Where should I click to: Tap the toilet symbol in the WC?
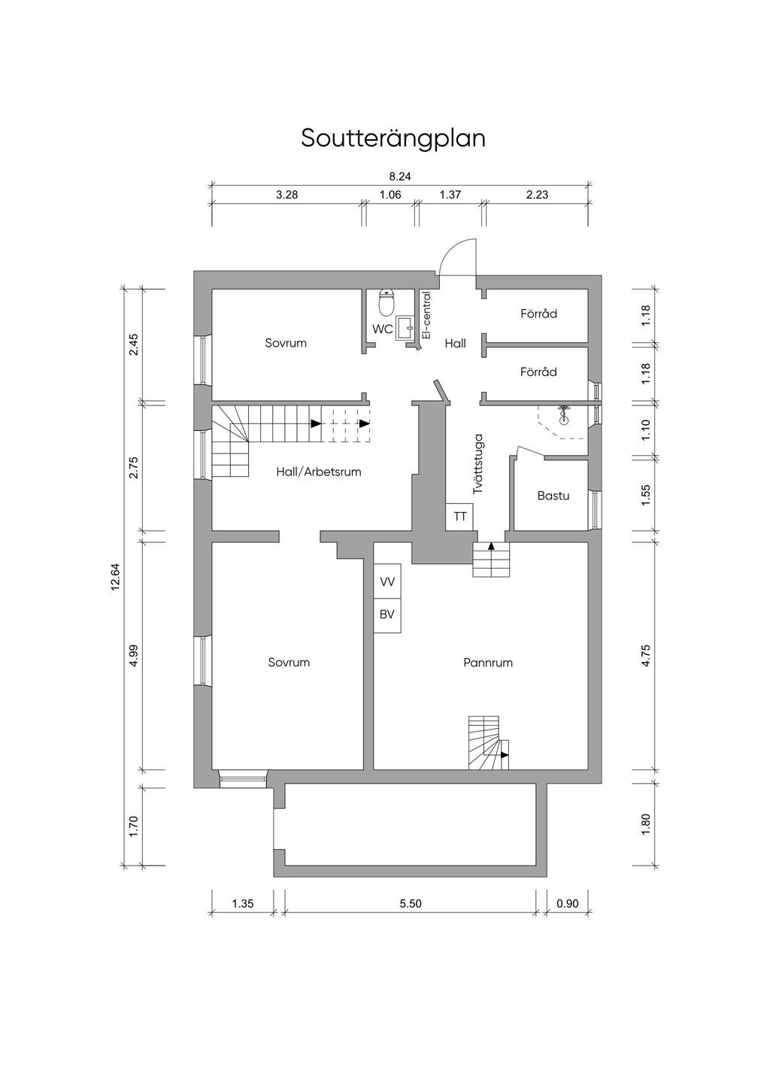point(387,302)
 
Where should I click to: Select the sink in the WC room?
point(405,327)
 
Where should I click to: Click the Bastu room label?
point(553,496)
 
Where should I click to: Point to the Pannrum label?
point(488,663)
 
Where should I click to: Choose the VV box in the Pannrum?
point(387,581)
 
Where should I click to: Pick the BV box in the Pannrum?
point(387,615)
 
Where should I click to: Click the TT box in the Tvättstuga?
point(460,517)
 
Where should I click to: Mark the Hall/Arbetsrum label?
point(319,472)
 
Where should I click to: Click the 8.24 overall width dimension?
point(400,177)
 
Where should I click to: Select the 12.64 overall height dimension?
point(115,577)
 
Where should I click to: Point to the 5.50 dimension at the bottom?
point(411,904)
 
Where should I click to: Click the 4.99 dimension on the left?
point(134,655)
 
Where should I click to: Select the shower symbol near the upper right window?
point(564,412)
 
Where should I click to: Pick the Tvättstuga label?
point(479,464)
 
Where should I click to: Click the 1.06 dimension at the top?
point(390,195)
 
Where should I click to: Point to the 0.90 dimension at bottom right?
point(568,904)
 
